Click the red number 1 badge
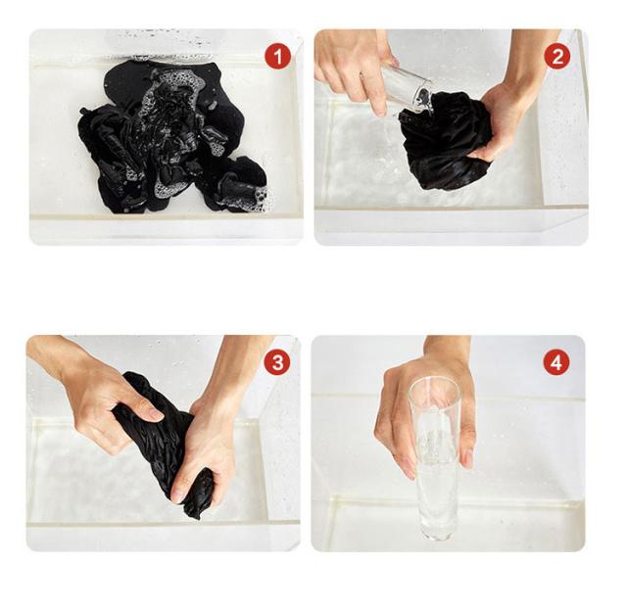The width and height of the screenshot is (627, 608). (277, 57)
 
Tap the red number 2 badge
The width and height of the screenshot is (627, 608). (557, 56)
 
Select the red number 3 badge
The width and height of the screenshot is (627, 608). (277, 362)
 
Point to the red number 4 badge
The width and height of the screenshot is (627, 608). (556, 362)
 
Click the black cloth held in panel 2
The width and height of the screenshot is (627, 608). (444, 140)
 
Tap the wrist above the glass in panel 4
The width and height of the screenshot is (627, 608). (447, 348)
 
